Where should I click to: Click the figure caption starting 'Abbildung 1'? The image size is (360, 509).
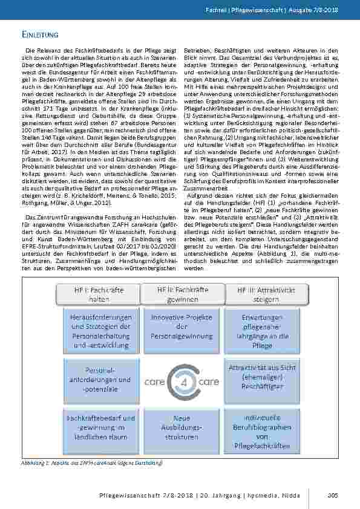click(x=91, y=462)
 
